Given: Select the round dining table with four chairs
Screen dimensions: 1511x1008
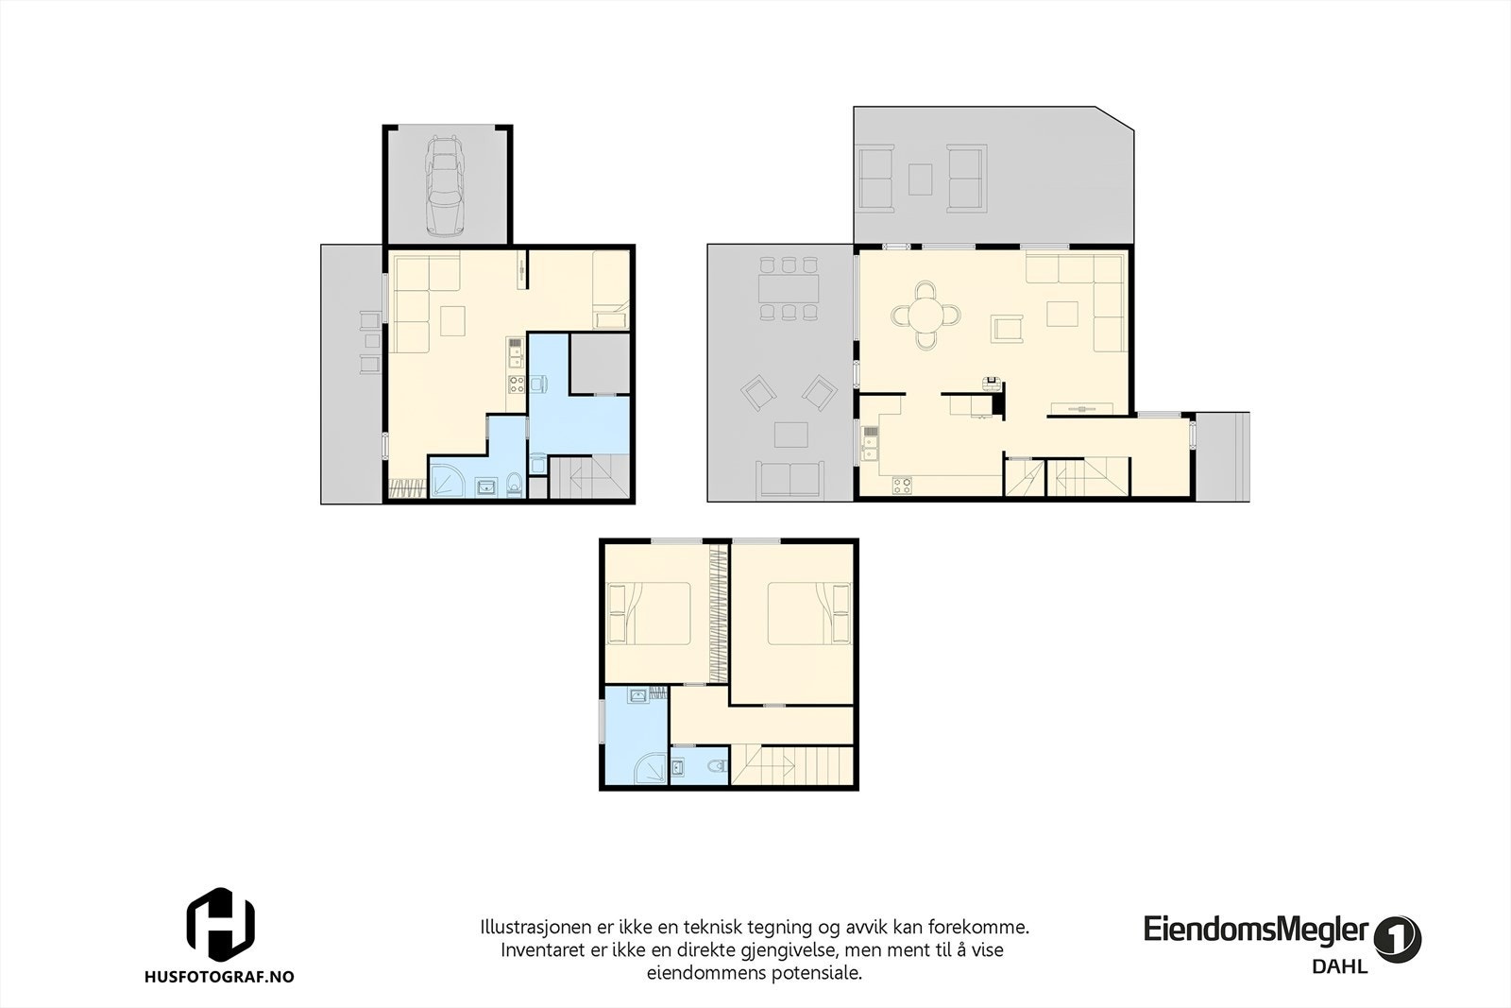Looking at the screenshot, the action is coord(925,316).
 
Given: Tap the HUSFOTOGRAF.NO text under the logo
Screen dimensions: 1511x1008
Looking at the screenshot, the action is coord(219,977).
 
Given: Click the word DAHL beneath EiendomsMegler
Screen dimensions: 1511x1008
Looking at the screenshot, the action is coord(1340,966).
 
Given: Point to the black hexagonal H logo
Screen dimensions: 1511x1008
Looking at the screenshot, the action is coord(221,924).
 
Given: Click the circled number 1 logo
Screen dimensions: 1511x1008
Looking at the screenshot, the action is coord(1398,939).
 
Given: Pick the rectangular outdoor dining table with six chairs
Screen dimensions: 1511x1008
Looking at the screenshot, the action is coord(788,289).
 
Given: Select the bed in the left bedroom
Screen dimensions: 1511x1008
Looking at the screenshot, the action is coord(649,613).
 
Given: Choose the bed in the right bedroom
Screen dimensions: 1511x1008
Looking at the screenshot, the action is coord(808,613).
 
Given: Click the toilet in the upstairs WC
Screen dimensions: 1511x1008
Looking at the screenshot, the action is coord(718,766).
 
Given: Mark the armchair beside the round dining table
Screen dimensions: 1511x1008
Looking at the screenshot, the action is coord(1007,329).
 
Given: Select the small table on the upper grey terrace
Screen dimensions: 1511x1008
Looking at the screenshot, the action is coord(920,179).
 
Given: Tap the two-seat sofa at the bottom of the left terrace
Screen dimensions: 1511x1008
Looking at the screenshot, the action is coord(789,478).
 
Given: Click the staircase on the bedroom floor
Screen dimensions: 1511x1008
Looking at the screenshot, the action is coord(792,765).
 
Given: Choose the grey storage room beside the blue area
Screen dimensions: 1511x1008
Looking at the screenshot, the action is coord(601,364).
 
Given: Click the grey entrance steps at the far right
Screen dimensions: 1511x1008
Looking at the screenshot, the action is coord(1223,457).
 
